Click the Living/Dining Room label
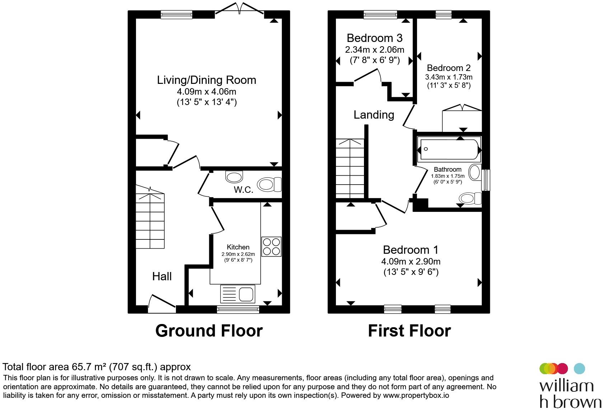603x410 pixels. pos(206,80)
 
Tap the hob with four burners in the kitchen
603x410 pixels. pos(271,247)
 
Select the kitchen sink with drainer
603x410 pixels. pos(238,294)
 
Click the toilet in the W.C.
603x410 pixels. pos(269,185)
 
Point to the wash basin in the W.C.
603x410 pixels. pos(234,177)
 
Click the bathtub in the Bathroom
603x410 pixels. pos(449,149)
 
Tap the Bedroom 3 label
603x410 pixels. pos(374,38)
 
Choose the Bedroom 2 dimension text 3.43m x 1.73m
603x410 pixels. pos(449,77)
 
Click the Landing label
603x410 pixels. pos(374,115)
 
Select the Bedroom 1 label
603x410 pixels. pos(411,250)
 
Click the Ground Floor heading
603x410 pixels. pos(209,331)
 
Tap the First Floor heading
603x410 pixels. pos(409,331)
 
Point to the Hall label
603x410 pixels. pos(162,276)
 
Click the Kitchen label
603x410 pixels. pos(238,247)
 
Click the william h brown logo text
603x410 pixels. pos(570,394)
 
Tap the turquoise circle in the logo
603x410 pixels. pos(579,368)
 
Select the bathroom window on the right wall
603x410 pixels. pos(485,180)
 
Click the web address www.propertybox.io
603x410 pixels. pos(416,395)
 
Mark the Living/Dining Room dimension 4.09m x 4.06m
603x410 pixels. pos(206,92)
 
